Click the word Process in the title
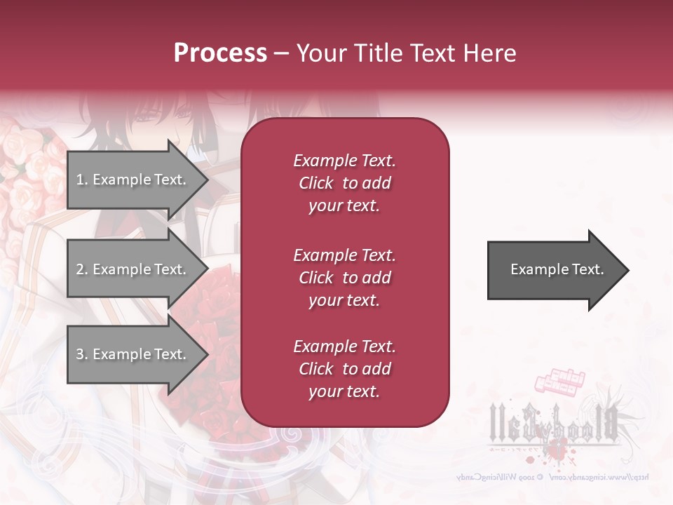pyautogui.click(x=220, y=53)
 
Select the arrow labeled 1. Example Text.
pyautogui.click(x=133, y=180)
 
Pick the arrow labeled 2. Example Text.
pyautogui.click(x=133, y=269)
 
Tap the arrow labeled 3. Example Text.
pyautogui.click(x=133, y=354)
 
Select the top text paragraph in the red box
pyautogui.click(x=344, y=183)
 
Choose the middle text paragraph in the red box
pyautogui.click(x=344, y=278)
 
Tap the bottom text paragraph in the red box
pyautogui.click(x=344, y=369)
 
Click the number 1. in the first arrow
pyautogui.click(x=82, y=180)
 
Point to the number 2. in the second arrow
pyautogui.click(x=82, y=269)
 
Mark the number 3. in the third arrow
pyautogui.click(x=82, y=354)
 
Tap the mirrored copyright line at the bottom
pyautogui.click(x=554, y=477)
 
